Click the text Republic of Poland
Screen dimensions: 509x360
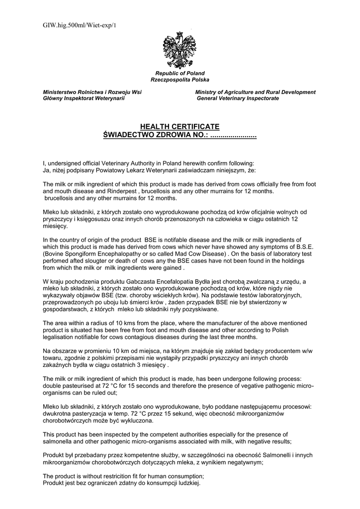(x=180, y=74)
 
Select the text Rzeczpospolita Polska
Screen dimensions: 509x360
(x=180, y=80)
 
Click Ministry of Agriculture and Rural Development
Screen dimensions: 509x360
(x=255, y=92)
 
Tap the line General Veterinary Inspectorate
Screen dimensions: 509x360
(x=238, y=98)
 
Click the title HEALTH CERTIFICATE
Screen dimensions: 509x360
(x=180, y=127)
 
